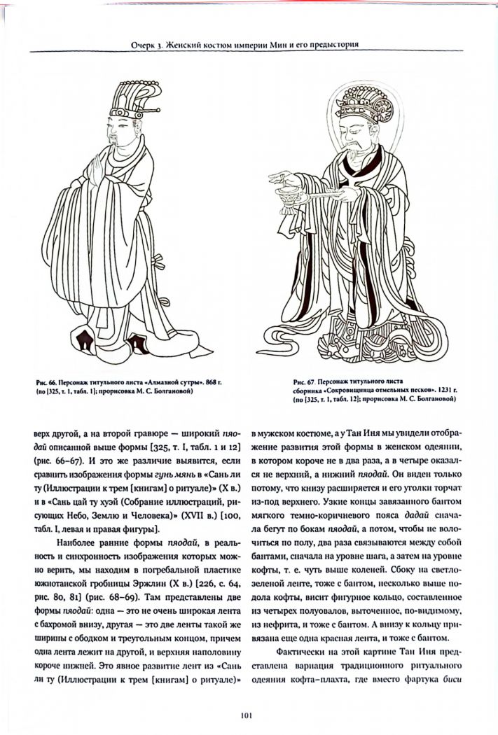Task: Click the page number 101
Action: click(x=249, y=715)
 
